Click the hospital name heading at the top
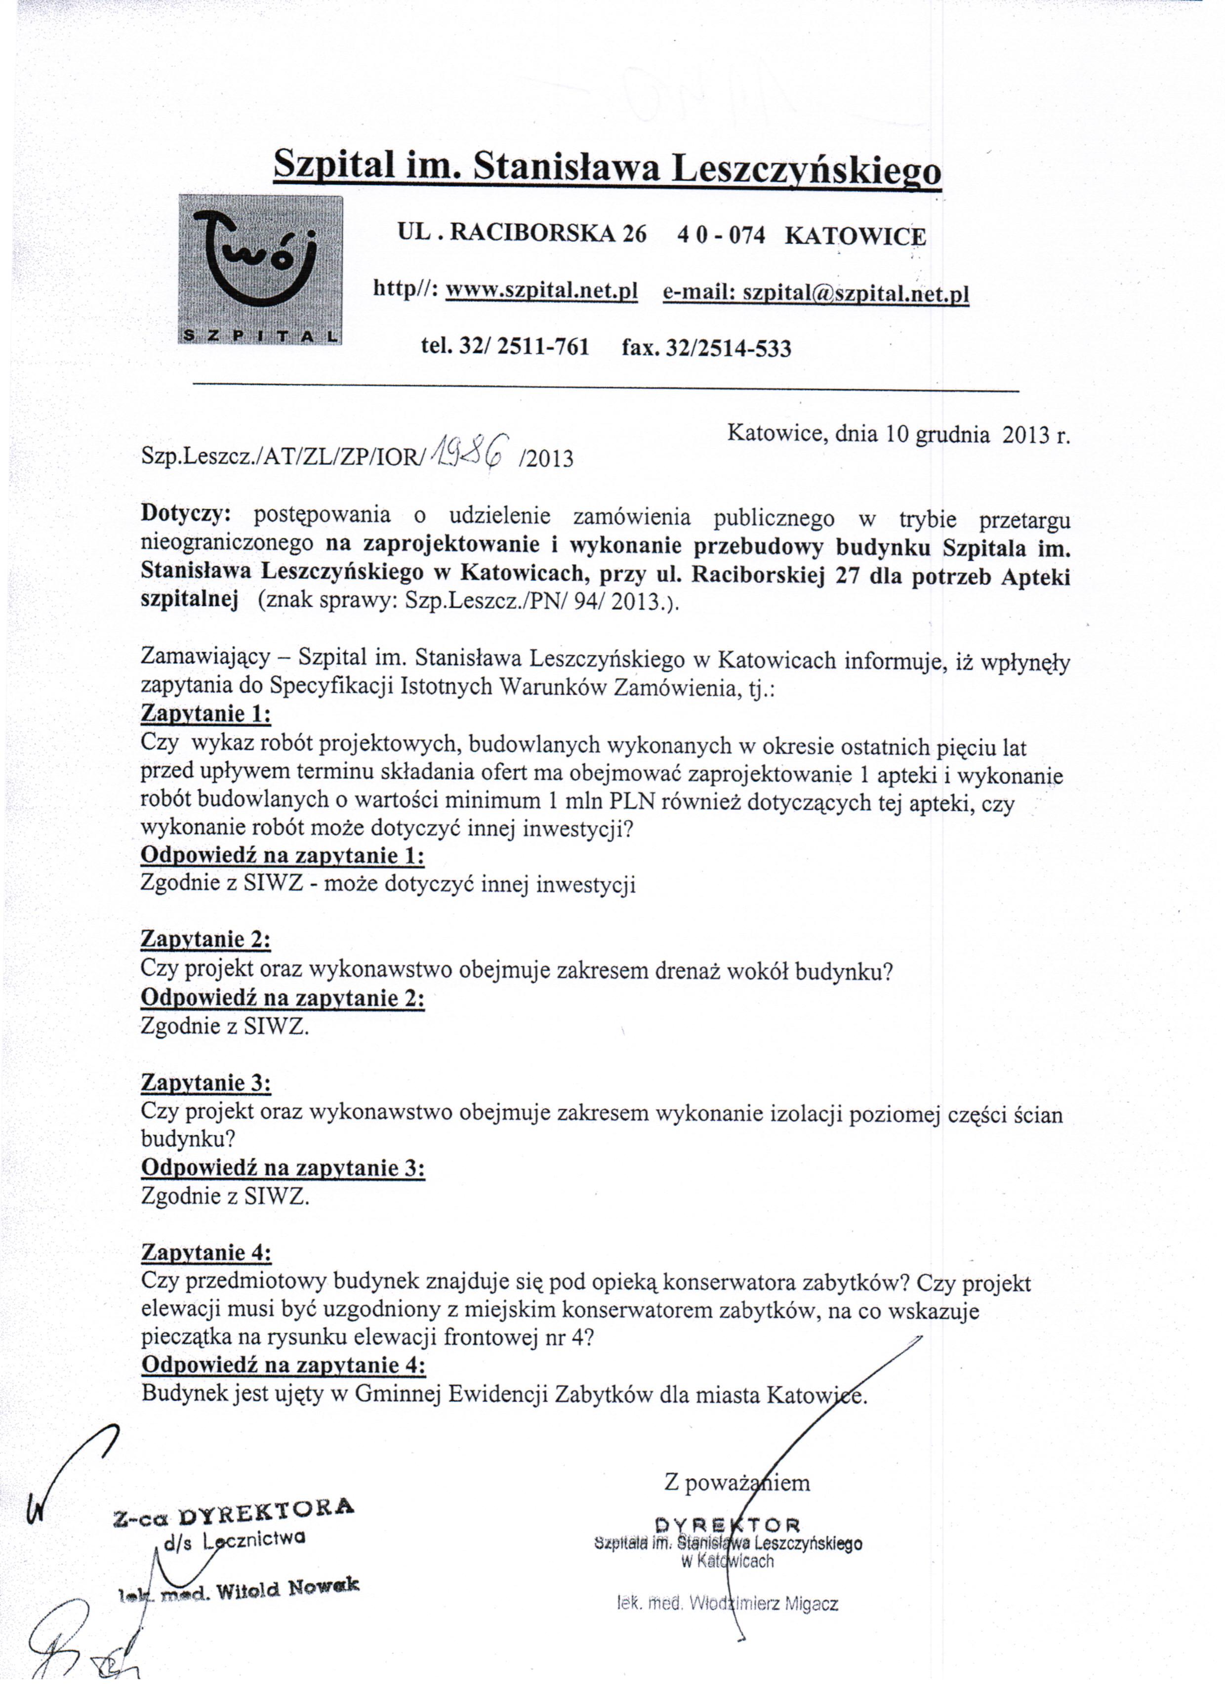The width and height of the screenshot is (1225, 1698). (x=607, y=166)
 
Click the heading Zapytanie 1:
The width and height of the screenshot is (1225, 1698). (x=205, y=713)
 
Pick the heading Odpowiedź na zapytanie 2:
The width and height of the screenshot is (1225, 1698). (x=282, y=998)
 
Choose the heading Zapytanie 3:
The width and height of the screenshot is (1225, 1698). (x=205, y=1082)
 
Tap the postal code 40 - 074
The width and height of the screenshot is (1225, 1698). (x=720, y=236)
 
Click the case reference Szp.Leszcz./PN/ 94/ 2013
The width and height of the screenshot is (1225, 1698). (x=534, y=603)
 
